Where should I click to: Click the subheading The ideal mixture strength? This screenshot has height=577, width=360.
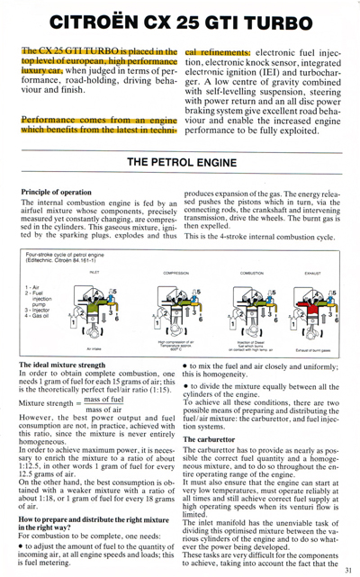tap(67, 364)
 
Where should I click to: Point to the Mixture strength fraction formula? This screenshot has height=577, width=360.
tap(85, 404)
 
